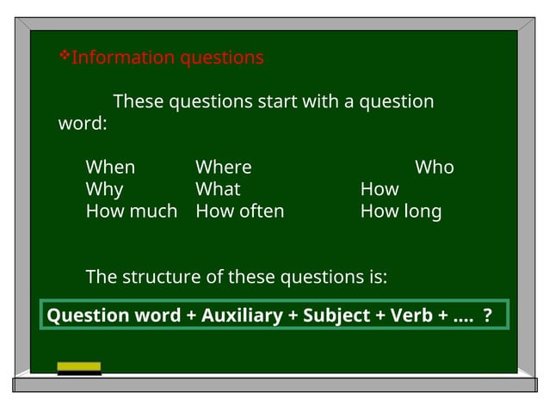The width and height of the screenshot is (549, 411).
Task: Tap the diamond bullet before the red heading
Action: coord(64,56)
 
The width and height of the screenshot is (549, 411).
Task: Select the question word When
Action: coord(110,167)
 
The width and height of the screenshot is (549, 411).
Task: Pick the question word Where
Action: coord(224,167)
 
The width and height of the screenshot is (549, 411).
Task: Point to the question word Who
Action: coord(435,167)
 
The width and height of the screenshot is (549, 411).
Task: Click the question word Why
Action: coord(104,189)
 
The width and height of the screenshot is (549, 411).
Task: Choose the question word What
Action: coord(218,189)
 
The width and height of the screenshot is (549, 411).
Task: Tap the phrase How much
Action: coord(132,212)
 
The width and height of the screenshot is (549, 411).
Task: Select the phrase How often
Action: coord(240,212)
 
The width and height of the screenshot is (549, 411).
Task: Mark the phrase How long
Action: coord(401,212)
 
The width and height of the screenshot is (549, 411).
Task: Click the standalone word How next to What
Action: coord(379,189)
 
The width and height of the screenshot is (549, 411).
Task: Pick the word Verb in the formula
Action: coord(411,316)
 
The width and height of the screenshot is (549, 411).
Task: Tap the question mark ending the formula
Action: coord(487,316)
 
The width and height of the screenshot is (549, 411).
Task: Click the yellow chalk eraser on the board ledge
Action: coord(79,368)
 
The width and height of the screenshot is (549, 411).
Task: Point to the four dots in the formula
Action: coord(461,318)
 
